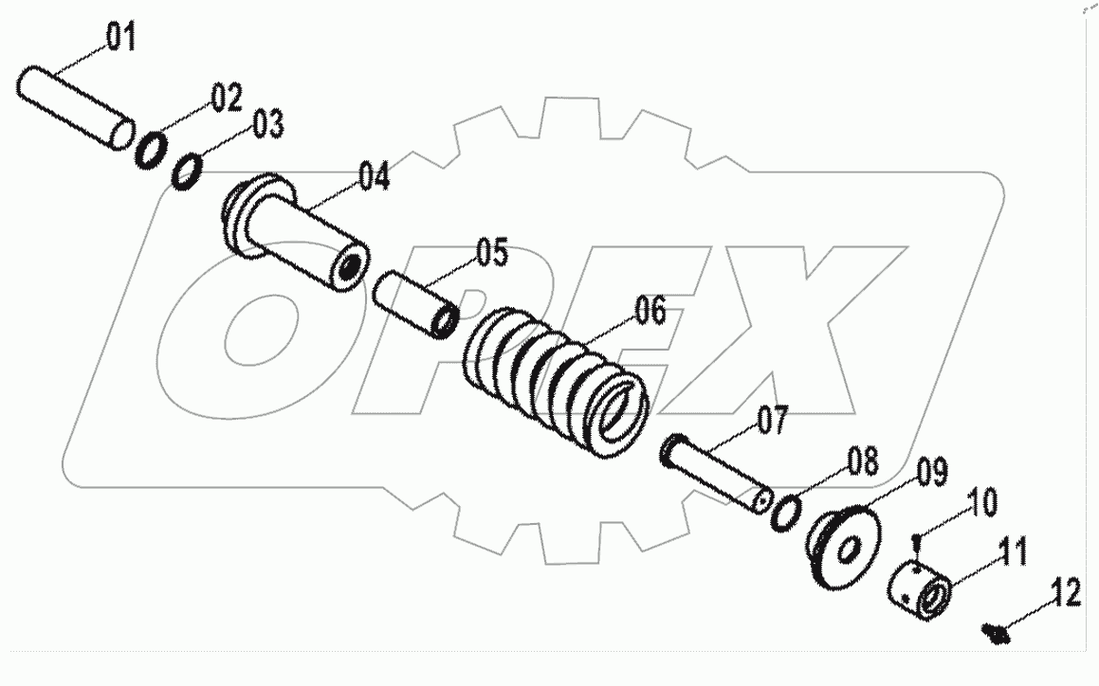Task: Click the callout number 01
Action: tap(120, 39)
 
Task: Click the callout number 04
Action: tap(373, 177)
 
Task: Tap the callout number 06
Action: tap(650, 311)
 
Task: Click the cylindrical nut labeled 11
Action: tap(920, 589)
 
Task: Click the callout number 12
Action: tap(1065, 595)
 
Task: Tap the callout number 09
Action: tap(931, 472)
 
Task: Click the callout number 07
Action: tap(772, 420)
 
